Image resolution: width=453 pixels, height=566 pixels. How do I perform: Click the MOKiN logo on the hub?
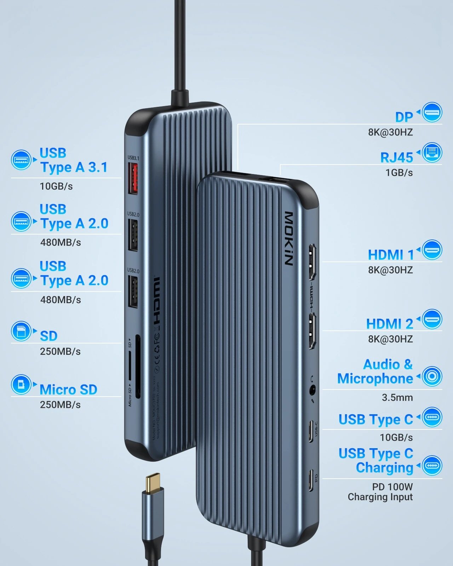point(289,238)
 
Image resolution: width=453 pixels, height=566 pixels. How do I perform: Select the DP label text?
point(404,117)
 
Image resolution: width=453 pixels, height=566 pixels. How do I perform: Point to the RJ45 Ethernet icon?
point(432,152)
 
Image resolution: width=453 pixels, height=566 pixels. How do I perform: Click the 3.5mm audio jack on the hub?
point(312,391)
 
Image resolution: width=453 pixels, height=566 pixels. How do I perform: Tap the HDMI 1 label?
point(391,255)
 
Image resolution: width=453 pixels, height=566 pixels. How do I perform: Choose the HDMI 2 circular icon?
point(432,319)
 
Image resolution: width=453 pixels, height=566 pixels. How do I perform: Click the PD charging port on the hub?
point(311,480)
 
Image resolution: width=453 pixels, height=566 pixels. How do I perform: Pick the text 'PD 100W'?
point(392,487)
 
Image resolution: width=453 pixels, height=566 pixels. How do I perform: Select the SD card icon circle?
point(21,331)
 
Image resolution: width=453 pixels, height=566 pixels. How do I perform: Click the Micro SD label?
point(68,389)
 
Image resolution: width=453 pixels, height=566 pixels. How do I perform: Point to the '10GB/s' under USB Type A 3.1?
point(56,186)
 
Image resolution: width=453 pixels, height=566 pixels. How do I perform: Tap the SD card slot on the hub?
point(137,364)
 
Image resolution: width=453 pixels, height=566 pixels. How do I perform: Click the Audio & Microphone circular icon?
point(432,376)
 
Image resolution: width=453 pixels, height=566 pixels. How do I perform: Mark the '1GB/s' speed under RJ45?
point(399,173)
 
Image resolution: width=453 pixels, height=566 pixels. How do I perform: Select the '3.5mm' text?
point(397,398)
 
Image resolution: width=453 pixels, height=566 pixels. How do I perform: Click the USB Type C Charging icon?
point(432,465)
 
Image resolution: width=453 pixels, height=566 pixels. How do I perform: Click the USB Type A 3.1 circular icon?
point(21,160)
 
